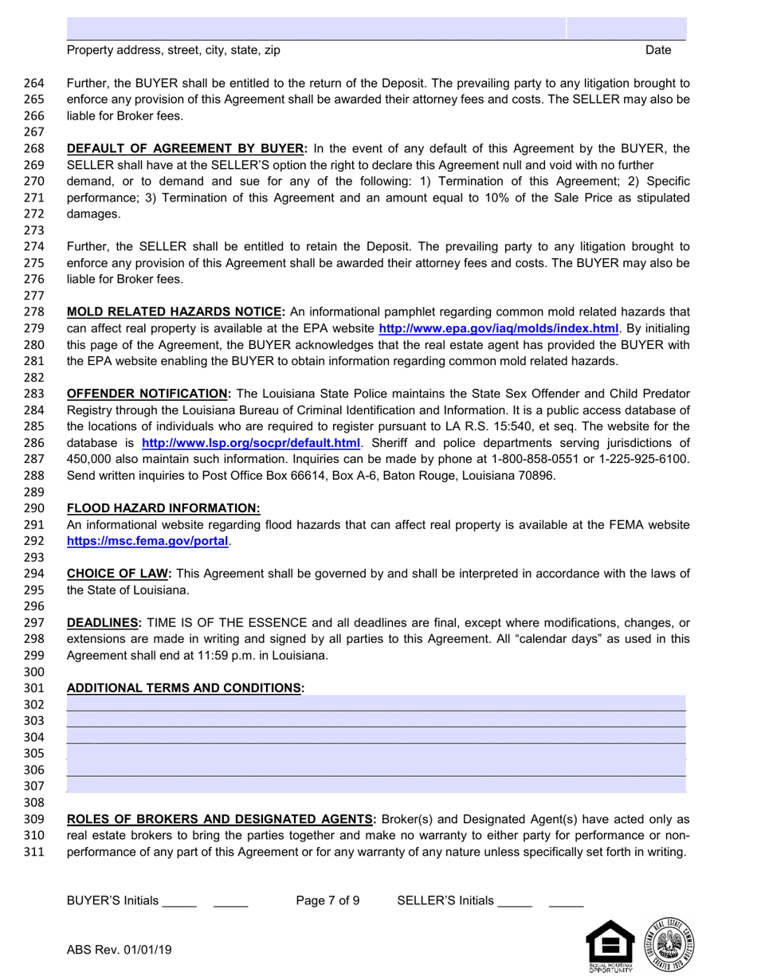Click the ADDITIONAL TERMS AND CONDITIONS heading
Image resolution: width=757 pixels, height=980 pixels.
point(186,688)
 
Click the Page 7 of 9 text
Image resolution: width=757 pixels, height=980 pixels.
point(328,901)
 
